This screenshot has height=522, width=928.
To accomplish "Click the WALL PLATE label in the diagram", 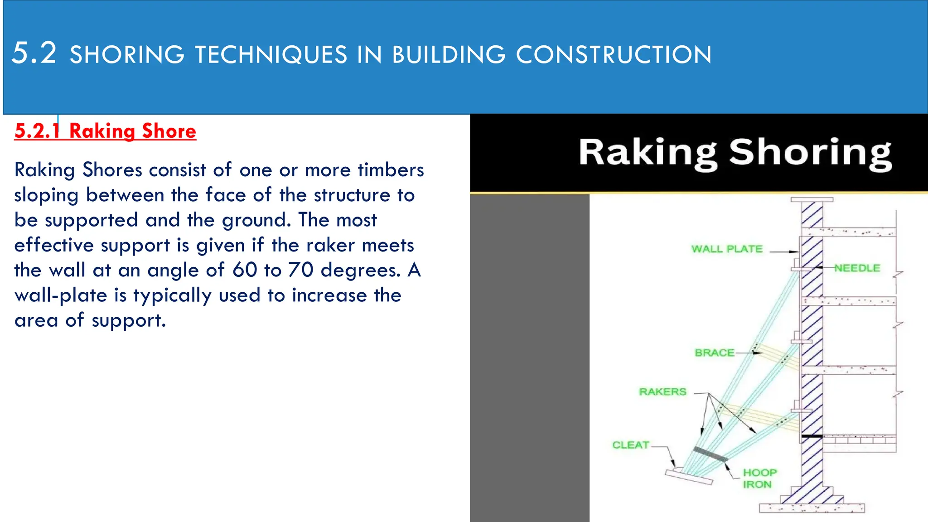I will [727, 249].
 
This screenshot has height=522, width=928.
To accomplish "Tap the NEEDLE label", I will [857, 268].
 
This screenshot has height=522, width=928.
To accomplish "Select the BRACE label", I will [715, 353].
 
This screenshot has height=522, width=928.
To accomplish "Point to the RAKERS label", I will [662, 391].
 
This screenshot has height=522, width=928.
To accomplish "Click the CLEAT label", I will [631, 445].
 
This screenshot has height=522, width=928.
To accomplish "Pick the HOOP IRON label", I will [759, 478].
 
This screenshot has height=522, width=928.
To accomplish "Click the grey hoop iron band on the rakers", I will [710, 454].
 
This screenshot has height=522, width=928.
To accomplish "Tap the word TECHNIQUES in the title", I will [271, 55].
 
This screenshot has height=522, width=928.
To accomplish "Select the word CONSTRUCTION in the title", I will [614, 55].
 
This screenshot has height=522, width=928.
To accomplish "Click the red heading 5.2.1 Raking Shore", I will [105, 131].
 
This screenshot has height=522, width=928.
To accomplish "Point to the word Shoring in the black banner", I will [810, 153].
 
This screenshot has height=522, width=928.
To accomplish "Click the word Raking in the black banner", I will [648, 153].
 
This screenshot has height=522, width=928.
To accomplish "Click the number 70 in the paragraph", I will [301, 270].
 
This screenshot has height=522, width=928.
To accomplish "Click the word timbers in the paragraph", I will [391, 170].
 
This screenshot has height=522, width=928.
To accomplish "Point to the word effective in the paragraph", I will [53, 245].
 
